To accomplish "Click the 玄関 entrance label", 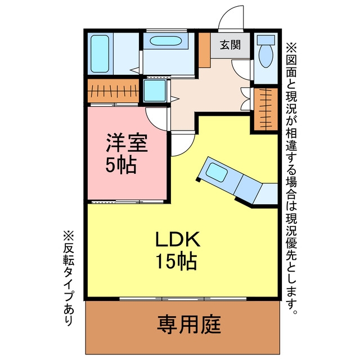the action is (x=230, y=45).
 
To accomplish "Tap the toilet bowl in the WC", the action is (x=266, y=56).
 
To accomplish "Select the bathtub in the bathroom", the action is (x=100, y=54).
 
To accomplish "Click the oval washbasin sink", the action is (x=166, y=41).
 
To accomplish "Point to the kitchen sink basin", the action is (x=217, y=172).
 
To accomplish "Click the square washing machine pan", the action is (x=155, y=91).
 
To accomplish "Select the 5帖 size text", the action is (x=121, y=165).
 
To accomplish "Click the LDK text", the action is (x=178, y=239).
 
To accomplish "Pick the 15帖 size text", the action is (x=176, y=261).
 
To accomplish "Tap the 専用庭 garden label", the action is (x=189, y=325).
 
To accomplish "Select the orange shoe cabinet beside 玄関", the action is (x=204, y=50).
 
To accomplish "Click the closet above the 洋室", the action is (x=114, y=91).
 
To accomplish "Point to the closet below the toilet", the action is (x=266, y=109).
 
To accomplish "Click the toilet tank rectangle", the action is (x=266, y=40).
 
